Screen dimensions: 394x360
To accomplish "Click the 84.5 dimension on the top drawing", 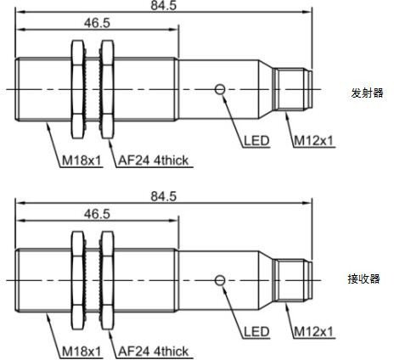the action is coord(163,5).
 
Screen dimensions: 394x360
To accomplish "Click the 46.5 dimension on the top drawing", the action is coord(97,23).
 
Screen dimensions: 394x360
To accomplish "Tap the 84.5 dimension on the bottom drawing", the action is coord(163,196).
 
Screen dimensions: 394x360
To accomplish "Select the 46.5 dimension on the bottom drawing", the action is coord(97,214).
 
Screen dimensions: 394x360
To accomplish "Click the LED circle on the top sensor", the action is coord(220,89).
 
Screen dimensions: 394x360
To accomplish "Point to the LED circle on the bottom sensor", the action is coord(220,280).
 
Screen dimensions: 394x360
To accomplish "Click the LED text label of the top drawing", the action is coord(256,141).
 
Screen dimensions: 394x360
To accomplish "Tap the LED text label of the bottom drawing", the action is coord(256,332).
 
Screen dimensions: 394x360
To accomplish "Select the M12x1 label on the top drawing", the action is coord(313,141).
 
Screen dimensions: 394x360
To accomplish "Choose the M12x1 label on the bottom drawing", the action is coord(313,332).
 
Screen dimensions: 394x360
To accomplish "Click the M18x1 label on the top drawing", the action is coord(82,160).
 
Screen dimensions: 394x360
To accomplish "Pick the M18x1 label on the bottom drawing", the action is coord(82,352).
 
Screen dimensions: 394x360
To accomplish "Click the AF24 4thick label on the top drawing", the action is coord(153,160).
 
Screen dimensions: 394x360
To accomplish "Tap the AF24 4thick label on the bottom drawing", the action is coord(153,352).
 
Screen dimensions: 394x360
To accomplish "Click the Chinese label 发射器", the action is coord(367,93).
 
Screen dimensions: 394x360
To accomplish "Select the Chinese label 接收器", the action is coord(363,279).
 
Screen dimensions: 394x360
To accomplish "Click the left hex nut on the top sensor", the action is coord(78,89).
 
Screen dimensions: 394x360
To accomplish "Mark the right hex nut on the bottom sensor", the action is coord(108,281).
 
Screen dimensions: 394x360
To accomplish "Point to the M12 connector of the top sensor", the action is coord(293,89).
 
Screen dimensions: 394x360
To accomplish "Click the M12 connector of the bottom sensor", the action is coord(293,281).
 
